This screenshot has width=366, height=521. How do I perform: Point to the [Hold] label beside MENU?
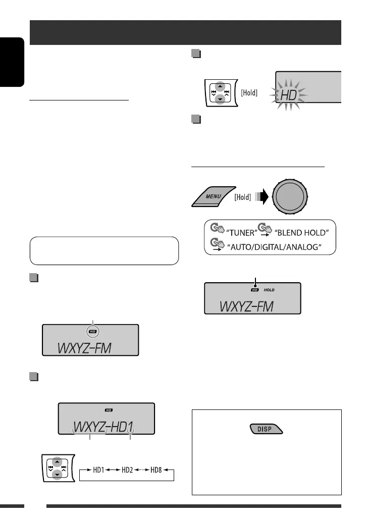pyautogui.click(x=243, y=197)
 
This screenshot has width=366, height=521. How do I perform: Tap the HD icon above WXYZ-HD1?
pyautogui.click(x=108, y=410)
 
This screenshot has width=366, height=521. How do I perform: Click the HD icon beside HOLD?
pyautogui.click(x=255, y=290)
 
